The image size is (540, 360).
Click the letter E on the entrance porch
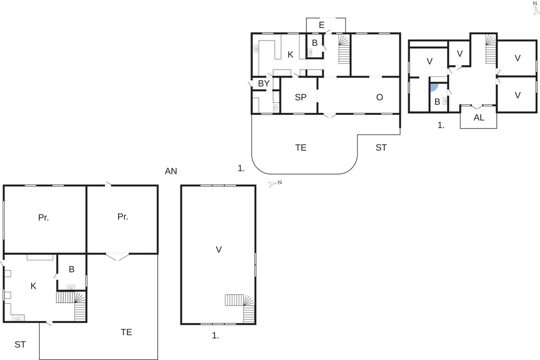pos(322,25)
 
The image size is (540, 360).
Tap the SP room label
pos(301,98)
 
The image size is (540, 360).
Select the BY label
pos(264,83)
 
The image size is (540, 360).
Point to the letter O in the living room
pos(380,98)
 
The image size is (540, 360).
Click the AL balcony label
pos(479,118)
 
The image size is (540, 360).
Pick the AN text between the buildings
pos(171,171)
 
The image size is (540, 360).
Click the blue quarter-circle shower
pos(434,87)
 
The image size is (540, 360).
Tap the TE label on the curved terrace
pos(301,148)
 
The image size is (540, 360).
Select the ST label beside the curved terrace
pos(381,148)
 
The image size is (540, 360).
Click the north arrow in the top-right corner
pos(536,8)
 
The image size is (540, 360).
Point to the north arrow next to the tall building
pos(275,184)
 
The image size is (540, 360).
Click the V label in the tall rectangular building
pos(219,249)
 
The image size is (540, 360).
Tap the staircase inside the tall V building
pos(240,308)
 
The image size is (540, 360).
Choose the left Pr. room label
pos(43,218)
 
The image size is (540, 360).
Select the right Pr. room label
pos(122,217)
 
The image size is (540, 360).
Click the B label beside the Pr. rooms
pos(72,269)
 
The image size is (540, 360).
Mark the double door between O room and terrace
pos(330,115)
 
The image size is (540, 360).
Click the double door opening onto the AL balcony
pos(478,106)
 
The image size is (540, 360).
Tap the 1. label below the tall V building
pos(215,336)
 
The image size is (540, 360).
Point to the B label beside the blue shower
pos(437,102)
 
